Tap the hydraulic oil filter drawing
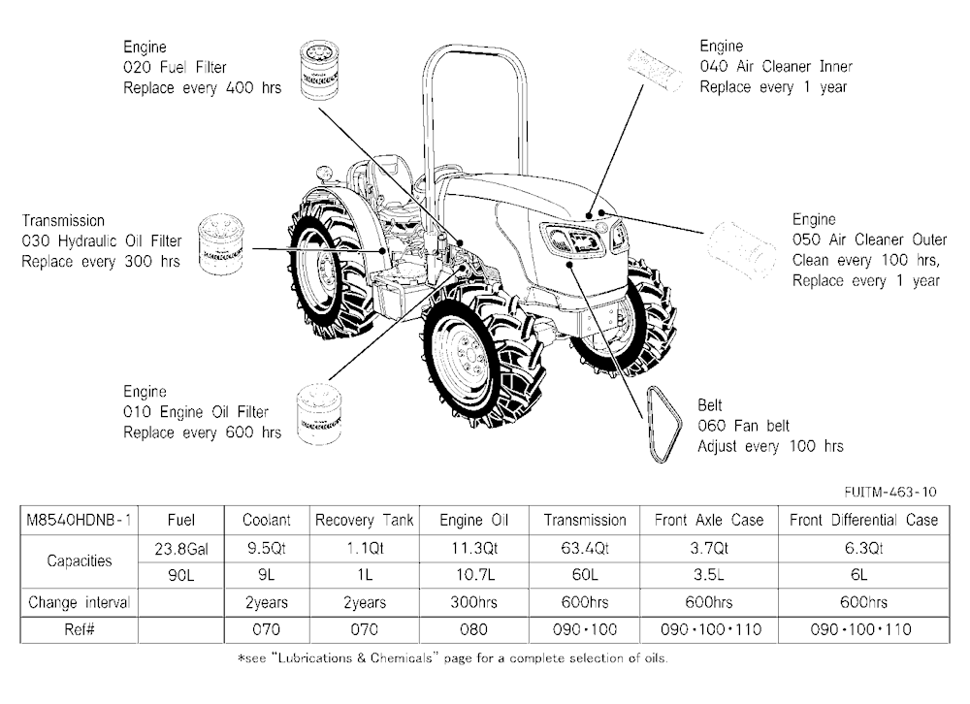coord(220,244)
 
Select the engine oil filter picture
coord(318,413)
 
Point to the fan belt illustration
coord(663,425)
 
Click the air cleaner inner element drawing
coord(655,70)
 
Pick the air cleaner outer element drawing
coord(741,251)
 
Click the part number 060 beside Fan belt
coord(711,426)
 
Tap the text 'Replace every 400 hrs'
coord(203,88)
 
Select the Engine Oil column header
coord(474,521)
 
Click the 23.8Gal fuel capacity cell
coord(181,549)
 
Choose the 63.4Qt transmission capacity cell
coord(585,549)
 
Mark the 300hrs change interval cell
coord(474,602)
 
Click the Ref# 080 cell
coord(474,629)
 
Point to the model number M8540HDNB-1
coord(80,521)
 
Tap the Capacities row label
coord(80,561)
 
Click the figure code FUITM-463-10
coord(890,492)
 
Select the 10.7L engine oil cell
coord(474,575)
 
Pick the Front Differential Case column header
coord(863,521)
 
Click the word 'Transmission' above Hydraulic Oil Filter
coord(63,221)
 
